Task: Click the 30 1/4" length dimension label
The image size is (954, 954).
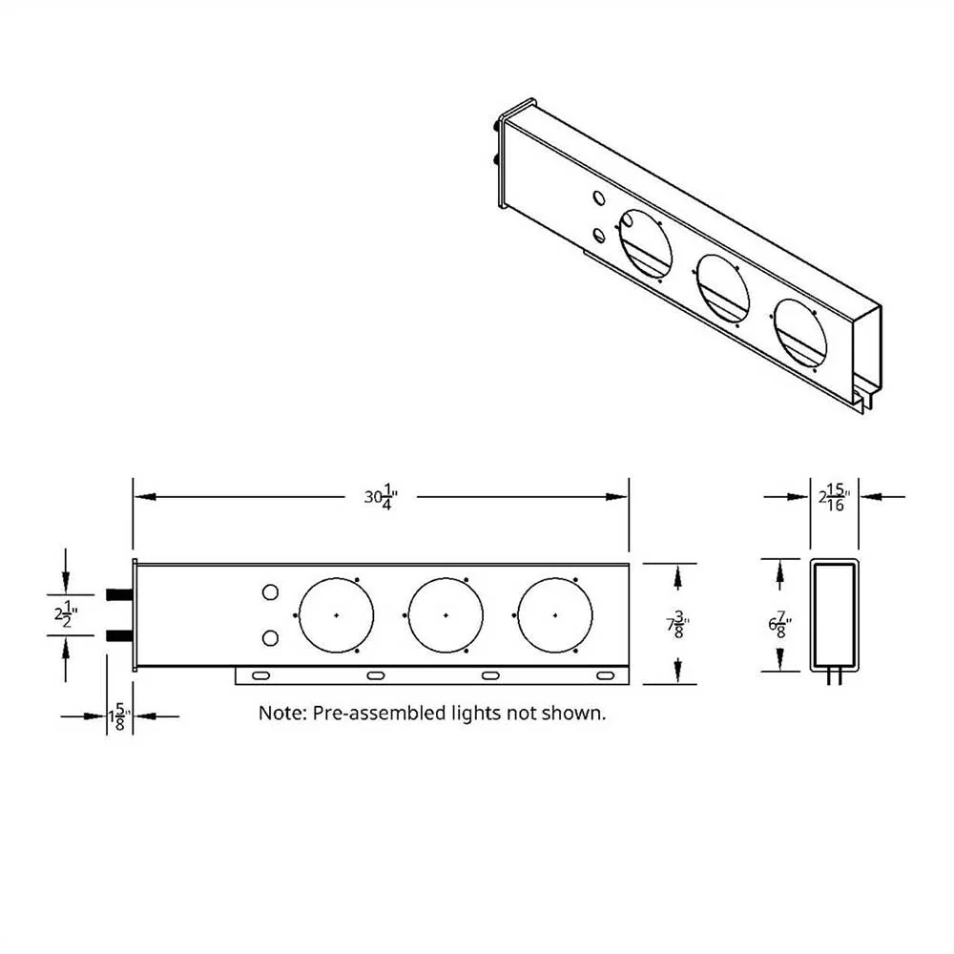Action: tap(381, 497)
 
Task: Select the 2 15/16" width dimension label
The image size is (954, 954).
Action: tap(834, 497)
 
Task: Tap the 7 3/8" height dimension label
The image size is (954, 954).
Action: tap(677, 624)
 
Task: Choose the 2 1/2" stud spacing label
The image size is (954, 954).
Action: tap(66, 614)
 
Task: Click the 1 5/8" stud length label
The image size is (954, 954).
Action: tap(119, 716)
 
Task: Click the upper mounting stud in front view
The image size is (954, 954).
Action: tap(119, 594)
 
